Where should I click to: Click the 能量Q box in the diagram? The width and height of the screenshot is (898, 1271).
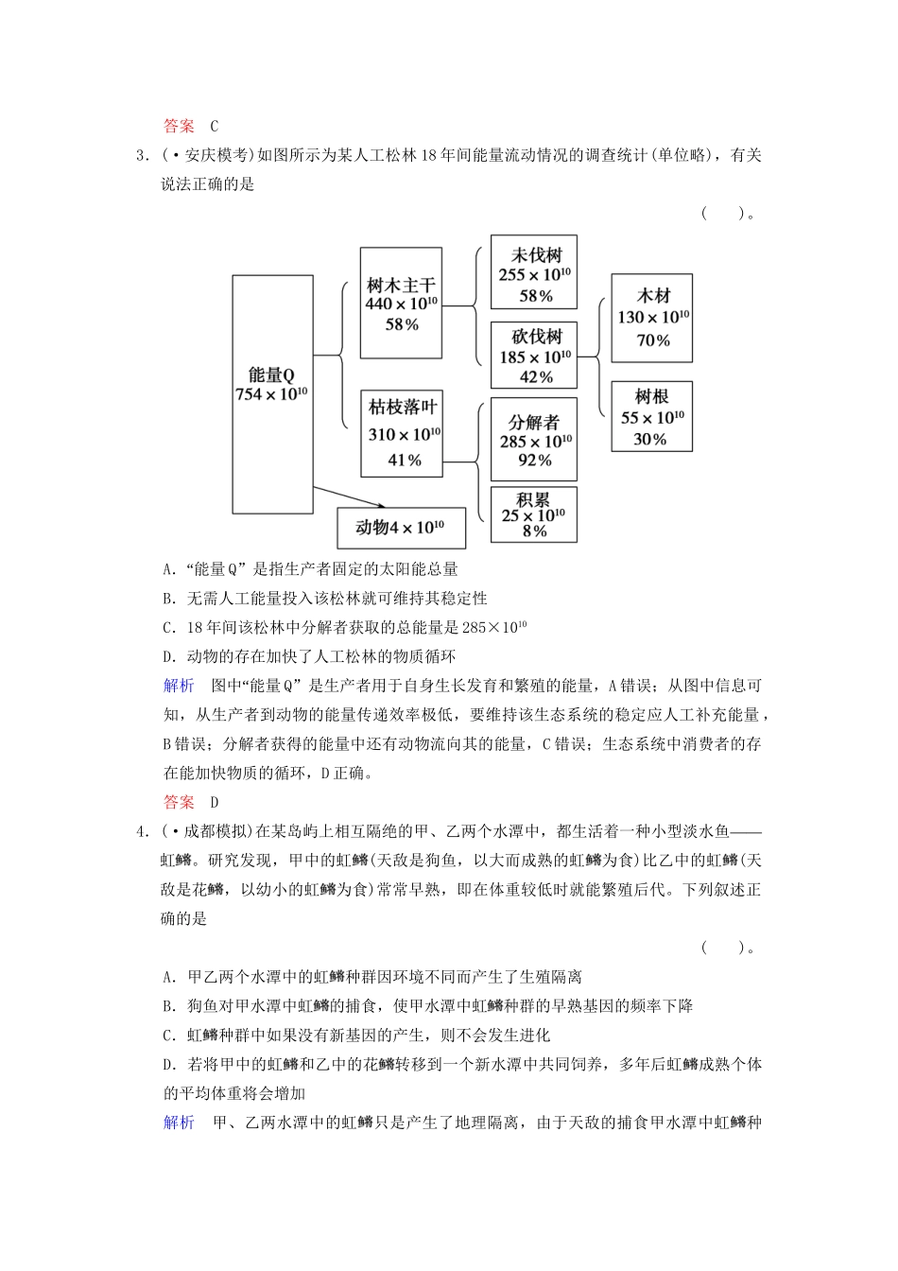[272, 394]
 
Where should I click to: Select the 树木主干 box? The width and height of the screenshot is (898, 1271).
[401, 303]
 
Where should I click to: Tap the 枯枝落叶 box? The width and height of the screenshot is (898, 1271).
[402, 433]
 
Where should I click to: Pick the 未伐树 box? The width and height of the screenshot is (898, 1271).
[534, 273]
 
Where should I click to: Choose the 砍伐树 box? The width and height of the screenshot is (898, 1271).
[534, 356]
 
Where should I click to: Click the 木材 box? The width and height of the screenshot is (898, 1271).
[651, 318]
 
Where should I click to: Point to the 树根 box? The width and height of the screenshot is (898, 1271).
[651, 417]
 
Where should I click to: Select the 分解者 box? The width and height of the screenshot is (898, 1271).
[534, 439]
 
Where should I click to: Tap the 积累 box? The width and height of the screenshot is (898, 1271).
[534, 514]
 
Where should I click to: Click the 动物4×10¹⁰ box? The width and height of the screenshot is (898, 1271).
[401, 528]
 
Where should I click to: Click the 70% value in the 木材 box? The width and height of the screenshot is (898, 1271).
[652, 340]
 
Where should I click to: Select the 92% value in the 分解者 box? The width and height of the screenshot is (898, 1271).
[534, 461]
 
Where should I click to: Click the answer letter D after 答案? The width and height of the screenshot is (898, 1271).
[215, 802]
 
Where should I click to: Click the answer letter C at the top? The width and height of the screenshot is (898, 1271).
[215, 126]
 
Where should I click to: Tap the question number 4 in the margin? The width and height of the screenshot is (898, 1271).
[141, 832]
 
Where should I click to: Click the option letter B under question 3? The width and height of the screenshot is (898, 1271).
[168, 599]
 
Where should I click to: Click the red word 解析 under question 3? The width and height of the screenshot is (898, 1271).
[179, 686]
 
